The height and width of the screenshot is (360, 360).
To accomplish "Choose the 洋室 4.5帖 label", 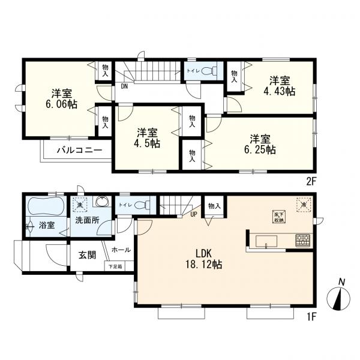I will pyautogui.click(x=147, y=138).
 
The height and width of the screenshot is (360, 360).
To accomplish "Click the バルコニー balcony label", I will pyautogui.click(x=75, y=150).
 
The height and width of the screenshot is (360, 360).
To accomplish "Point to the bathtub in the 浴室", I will pyautogui.click(x=46, y=208).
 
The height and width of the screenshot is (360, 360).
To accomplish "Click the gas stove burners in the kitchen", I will pyautogui.click(x=302, y=241).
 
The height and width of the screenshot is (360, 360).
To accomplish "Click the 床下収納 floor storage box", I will pyautogui.click(x=278, y=217).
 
